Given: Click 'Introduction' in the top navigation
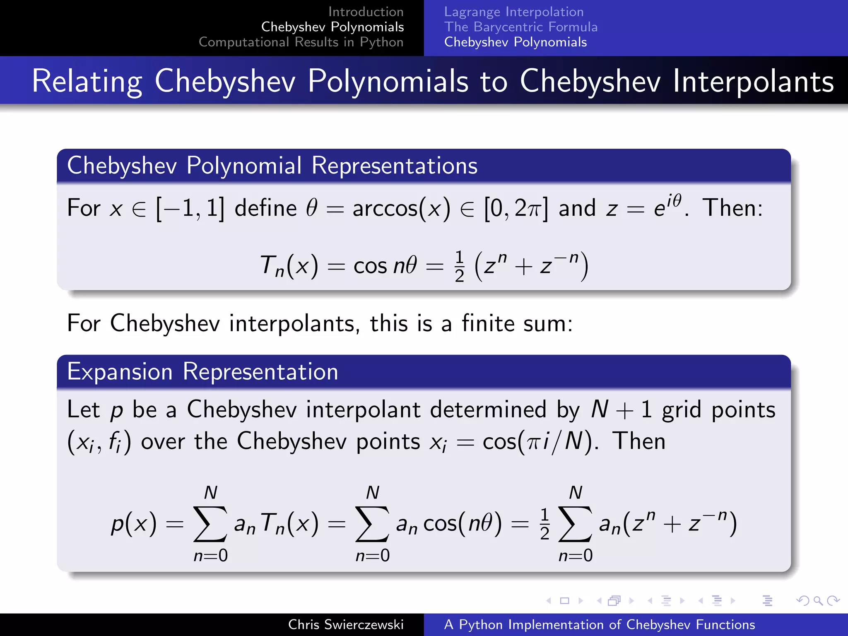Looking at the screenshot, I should tap(366, 12).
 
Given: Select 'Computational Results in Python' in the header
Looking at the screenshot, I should tap(301, 42).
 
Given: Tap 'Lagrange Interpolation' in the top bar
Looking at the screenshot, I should tap(514, 12).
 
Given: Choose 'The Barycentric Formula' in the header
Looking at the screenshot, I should tap(521, 27).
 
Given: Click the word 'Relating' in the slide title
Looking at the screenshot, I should tap(87, 81).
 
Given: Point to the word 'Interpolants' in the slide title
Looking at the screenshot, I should tap(753, 81).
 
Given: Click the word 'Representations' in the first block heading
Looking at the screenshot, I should tap(394, 166).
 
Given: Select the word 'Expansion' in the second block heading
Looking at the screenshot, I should tap(120, 371).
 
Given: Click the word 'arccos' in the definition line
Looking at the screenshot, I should tap(385, 208).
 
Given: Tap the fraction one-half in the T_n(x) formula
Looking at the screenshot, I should tap(459, 266).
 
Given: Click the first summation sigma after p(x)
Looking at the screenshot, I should tap(210, 524).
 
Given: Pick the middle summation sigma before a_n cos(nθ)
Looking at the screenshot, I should tap(372, 524).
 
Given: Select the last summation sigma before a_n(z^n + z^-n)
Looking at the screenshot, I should tap(575, 524).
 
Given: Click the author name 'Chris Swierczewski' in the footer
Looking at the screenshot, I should tap(346, 624).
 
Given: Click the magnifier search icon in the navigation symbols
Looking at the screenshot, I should tap(818, 600).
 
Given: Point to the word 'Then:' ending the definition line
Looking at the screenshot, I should tap(732, 208).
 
